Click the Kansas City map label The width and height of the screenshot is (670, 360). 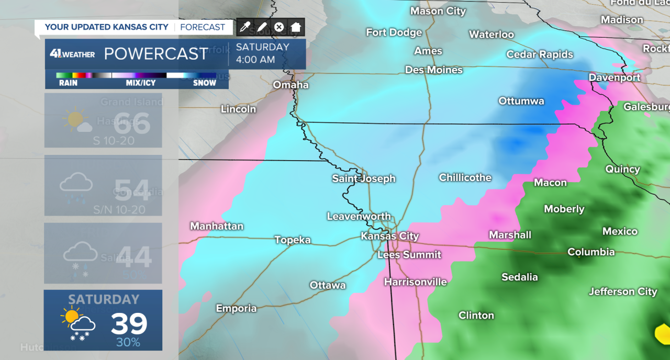390,236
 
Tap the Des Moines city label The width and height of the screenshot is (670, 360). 434,70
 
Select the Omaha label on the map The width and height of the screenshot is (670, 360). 291,85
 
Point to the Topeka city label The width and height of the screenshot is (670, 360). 293,240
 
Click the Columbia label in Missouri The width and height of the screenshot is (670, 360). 591,252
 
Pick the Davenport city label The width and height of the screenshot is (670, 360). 615,77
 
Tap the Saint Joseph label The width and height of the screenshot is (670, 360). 364,178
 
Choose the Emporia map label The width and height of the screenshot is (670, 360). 237,308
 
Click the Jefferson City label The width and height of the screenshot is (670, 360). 623,291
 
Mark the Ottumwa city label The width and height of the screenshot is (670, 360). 521,101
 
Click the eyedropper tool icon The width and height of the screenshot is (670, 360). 244,27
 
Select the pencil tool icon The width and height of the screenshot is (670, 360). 262,27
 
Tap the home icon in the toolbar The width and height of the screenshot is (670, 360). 296,27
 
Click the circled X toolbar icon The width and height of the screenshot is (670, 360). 279,27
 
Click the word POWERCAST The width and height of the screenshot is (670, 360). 156,54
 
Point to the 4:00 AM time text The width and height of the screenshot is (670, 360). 255,60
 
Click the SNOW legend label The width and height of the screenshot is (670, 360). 205,83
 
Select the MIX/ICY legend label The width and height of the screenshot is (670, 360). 139,83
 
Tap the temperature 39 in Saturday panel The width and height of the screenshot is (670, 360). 129,324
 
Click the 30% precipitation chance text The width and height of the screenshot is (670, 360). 128,343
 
